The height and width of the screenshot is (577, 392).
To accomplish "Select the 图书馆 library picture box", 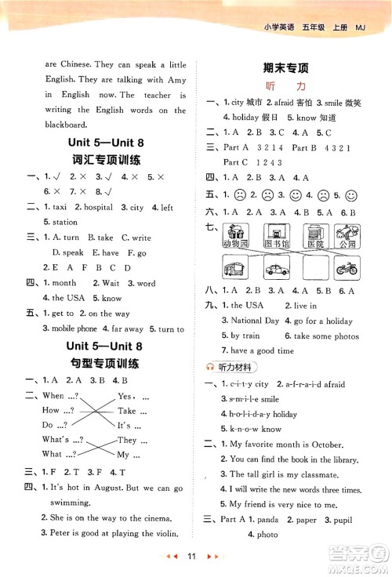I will click(x=276, y=235).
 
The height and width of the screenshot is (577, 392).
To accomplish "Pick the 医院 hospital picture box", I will click(x=313, y=235).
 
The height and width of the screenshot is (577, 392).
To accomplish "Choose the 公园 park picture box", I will click(x=347, y=235).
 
